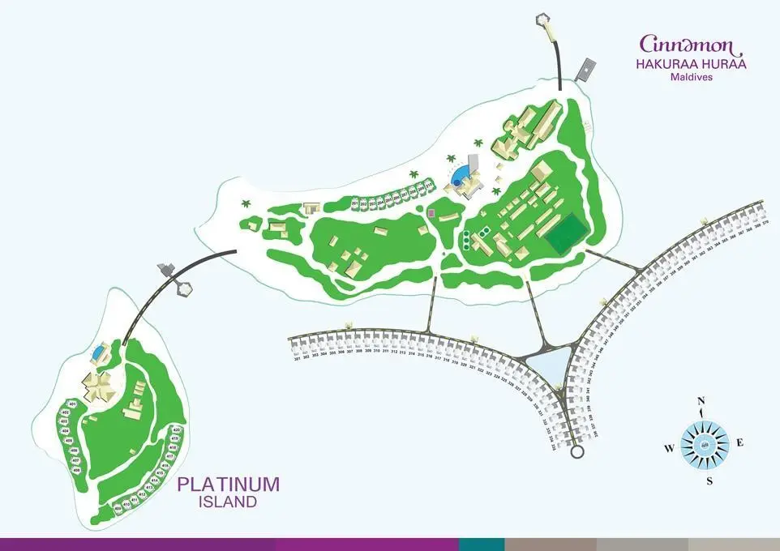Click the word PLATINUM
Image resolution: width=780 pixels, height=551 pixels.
(228, 485)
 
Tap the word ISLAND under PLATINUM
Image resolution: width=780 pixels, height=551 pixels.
(228, 502)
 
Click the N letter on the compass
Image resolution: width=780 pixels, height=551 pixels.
(703, 401)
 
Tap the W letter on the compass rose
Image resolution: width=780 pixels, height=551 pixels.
(669, 447)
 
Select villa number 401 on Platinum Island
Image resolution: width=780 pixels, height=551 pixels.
(71, 404)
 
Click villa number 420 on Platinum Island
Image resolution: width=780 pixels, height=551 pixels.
(176, 429)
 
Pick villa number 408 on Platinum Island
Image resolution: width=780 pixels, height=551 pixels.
(75, 469)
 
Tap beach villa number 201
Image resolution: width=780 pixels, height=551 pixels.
(355, 203)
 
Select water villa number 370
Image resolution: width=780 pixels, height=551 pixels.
(764, 220)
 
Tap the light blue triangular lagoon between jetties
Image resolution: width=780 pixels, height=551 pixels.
(551, 365)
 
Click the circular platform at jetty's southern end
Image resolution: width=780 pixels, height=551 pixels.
(576, 451)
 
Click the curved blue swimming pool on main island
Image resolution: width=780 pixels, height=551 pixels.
(459, 177)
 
